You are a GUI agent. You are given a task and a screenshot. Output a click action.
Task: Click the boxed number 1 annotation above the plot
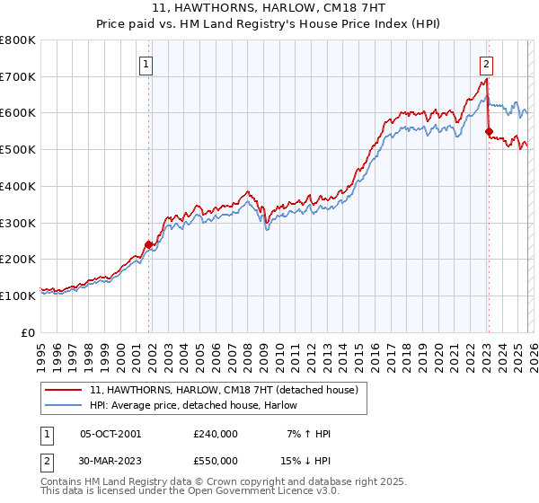coord(146,64)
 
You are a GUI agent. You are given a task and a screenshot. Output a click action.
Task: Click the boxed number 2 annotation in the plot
coord(485,64)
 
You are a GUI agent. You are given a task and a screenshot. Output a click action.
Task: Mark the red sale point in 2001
coord(148,243)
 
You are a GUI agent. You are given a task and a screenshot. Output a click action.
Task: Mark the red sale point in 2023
coord(489,131)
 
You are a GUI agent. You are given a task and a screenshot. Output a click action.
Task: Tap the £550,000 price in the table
coord(216,459)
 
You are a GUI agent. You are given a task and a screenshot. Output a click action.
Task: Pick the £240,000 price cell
coord(216,434)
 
